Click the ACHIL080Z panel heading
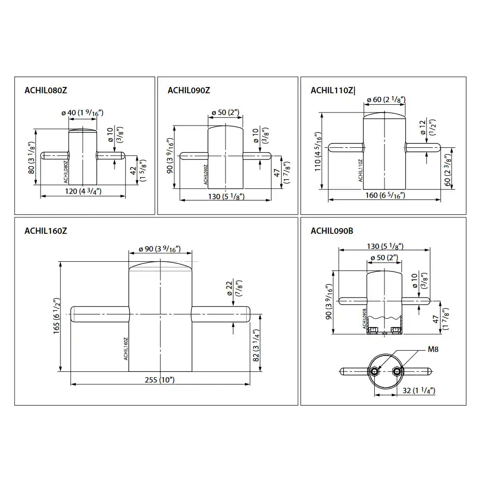[x=45, y=90]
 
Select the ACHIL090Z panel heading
[x=189, y=90]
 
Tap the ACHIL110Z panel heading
[x=332, y=90]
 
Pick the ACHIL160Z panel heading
[x=45, y=231]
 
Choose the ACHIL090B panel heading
[x=332, y=231]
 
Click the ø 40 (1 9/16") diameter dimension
[x=82, y=113]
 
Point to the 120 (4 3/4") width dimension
[x=83, y=191]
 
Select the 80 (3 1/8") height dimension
[x=31, y=158]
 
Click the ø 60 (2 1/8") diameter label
[x=386, y=99]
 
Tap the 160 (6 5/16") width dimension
[x=385, y=195]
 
